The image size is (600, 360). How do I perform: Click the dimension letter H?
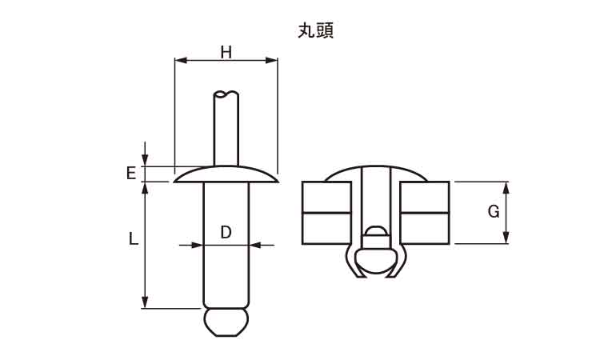coord(226,53)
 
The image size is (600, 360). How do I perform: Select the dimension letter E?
coord(130,173)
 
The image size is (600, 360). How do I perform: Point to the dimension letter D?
coord(226,232)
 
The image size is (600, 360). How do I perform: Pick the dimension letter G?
coord(494,212)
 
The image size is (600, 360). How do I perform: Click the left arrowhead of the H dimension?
coord(179,60)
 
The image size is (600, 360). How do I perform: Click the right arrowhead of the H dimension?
coord(273,60)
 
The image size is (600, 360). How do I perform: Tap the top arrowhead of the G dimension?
coord(506,186)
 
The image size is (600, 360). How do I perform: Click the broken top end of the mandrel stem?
coord(226,94)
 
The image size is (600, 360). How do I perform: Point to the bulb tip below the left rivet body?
coord(226,322)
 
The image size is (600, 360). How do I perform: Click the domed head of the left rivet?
coord(226,173)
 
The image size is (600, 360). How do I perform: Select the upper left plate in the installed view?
coord(326,197)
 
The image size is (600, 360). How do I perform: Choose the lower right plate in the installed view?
coord(425,227)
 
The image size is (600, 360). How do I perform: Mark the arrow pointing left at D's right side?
coord(254,245)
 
